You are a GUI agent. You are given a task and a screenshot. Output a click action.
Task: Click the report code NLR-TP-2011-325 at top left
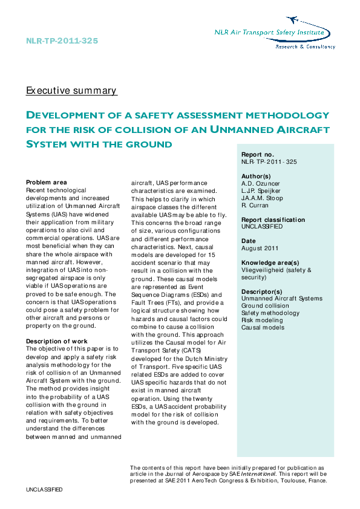tap(62, 41)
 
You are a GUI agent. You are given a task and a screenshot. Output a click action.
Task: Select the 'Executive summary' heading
tap(71, 91)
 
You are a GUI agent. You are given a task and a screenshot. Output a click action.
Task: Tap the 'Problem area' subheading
tap(47, 183)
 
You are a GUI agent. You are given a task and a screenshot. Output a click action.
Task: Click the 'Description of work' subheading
tap(56, 341)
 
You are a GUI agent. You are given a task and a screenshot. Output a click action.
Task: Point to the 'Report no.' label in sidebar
tap(257, 155)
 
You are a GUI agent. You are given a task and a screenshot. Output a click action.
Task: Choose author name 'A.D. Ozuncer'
tap(261, 184)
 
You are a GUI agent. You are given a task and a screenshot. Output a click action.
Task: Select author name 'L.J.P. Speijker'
tap(262, 191)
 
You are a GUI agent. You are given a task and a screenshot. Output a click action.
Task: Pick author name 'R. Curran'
tap(255, 206)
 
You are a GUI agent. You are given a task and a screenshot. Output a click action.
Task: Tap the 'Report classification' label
tap(273, 220)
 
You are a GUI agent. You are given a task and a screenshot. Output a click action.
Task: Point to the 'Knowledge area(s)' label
tap(270, 263)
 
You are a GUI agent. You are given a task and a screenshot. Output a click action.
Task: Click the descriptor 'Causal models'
tap(263, 328)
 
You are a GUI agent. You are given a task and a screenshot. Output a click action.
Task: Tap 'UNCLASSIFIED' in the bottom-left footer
tap(44, 489)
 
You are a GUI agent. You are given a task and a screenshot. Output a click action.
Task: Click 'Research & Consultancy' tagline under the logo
tap(305, 47)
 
